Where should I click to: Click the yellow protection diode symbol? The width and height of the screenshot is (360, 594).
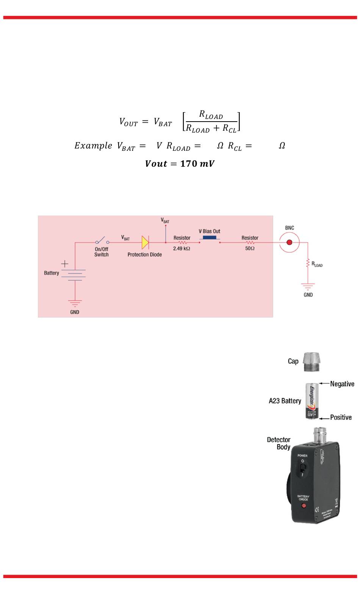tap(145, 242)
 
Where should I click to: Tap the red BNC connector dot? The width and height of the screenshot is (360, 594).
tap(290, 242)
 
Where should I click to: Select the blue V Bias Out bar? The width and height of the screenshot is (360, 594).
tap(210, 238)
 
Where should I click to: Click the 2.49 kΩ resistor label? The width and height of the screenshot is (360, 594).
tap(182, 249)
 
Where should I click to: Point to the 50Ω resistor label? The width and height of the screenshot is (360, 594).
tap(250, 249)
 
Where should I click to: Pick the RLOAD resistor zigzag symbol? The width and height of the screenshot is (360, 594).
tap(308, 263)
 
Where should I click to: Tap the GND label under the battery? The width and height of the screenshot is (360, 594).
tap(75, 312)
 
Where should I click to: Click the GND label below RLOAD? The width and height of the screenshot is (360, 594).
tap(308, 295)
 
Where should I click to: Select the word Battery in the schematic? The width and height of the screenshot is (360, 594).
tap(52, 273)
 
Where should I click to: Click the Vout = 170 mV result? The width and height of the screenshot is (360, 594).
tap(180, 164)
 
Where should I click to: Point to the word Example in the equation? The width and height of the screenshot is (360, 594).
tap(93, 146)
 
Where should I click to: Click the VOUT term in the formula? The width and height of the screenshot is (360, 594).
tap(128, 122)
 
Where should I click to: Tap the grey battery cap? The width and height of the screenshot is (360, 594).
tap(312, 361)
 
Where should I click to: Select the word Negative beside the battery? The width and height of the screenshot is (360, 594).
tap(342, 384)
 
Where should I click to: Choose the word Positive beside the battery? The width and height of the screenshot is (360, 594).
tap(341, 417)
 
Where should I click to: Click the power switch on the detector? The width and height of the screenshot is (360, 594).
tap(302, 467)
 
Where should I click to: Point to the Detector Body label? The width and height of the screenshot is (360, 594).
tap(279, 443)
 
